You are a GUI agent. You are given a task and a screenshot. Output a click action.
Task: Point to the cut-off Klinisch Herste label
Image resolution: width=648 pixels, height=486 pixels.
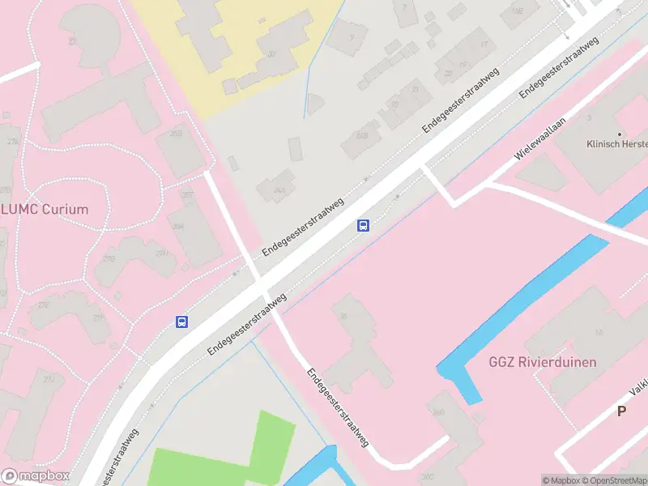tap(617, 144)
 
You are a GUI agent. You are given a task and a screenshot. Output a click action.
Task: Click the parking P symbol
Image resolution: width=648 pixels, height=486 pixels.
tap(622, 411)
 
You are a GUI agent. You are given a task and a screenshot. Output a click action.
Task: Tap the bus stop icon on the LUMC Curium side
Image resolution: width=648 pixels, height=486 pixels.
tap(182, 322)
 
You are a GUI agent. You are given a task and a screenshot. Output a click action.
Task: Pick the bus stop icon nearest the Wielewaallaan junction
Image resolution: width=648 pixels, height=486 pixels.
tap(364, 225)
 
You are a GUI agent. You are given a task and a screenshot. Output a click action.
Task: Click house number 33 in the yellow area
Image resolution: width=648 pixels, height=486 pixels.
tap(271, 53)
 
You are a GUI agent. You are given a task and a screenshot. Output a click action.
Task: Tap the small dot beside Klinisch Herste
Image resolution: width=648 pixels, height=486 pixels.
tap(620, 134)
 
